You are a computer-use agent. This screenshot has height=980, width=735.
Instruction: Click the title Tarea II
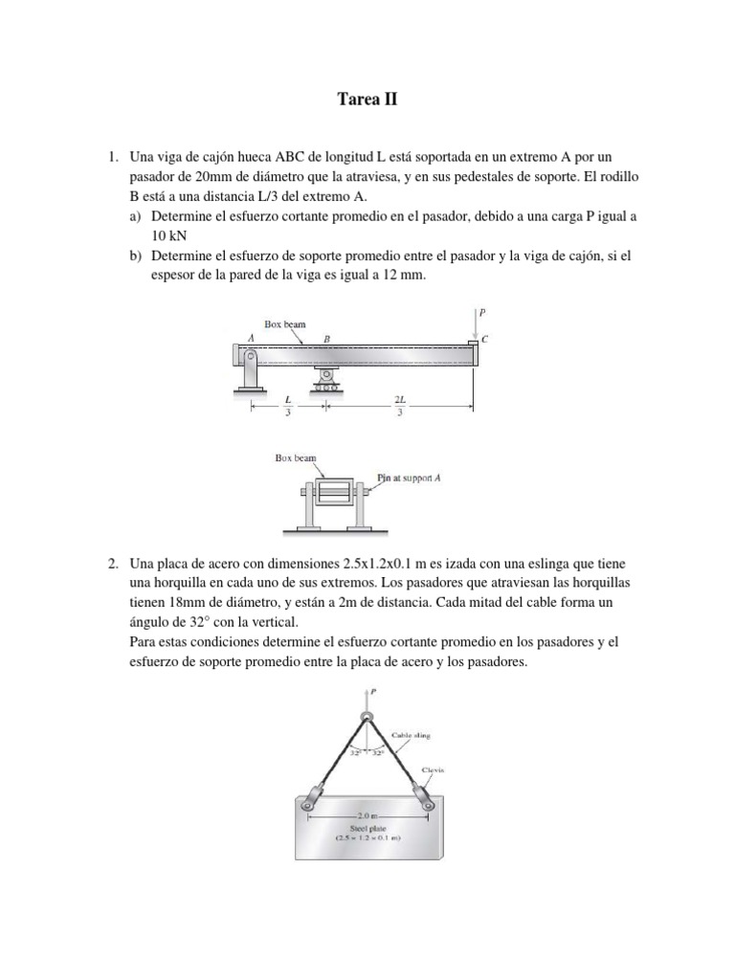[x=367, y=99]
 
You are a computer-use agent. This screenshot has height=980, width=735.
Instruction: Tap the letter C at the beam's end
[x=485, y=339]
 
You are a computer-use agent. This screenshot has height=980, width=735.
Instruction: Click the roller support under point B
[x=328, y=380]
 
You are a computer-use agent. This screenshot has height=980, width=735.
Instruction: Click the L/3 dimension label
[x=288, y=405]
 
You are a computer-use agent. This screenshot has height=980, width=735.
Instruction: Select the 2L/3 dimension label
[x=400, y=405]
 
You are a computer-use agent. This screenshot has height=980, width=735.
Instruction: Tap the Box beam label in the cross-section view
[x=296, y=458]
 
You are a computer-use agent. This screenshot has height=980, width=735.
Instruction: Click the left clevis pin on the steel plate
[x=311, y=812]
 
